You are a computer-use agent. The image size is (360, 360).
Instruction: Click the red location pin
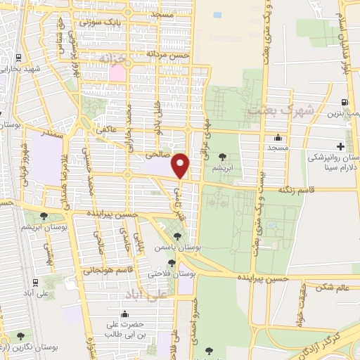(181, 165)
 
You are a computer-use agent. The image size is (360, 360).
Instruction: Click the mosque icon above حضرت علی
(125, 314)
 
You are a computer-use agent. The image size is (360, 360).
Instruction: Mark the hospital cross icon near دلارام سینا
(340, 146)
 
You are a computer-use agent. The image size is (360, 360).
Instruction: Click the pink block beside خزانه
(117, 72)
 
